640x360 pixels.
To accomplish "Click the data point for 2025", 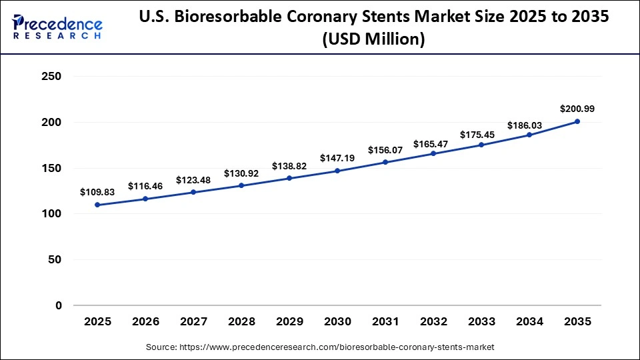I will coord(97,205).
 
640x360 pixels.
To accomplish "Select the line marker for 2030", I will coord(337,171).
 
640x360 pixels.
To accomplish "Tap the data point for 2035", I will coord(577,121).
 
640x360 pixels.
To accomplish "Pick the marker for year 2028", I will coord(241,185).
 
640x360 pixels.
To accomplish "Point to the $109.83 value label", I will coord(97,192).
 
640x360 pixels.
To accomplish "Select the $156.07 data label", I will coord(385,150).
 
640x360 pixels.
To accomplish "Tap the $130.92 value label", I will coord(241,173).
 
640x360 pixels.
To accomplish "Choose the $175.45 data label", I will coord(481,135).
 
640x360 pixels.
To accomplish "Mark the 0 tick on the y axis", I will coord(58,305).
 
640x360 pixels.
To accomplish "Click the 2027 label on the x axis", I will coord(193,321).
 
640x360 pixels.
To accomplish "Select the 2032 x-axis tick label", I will coord(433,321).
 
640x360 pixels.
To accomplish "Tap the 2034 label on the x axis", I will coord(529,321).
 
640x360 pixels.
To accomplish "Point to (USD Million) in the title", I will coord(373,39).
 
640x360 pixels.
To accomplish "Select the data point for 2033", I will coord(481,145).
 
